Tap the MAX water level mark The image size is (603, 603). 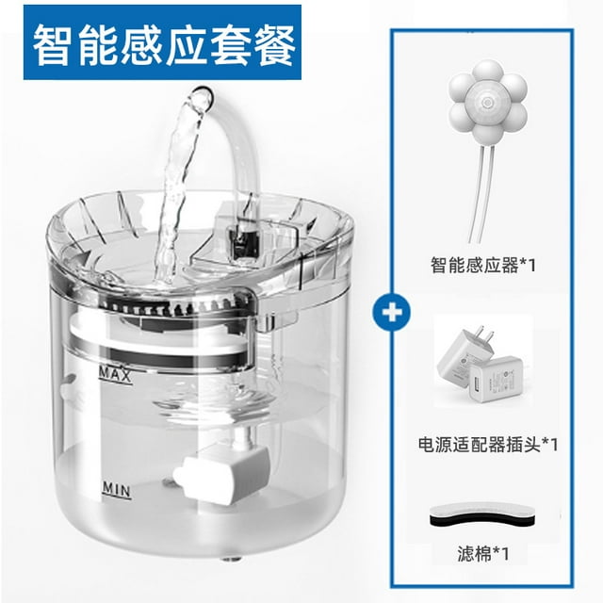(115, 375)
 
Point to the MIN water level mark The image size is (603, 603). (117, 490)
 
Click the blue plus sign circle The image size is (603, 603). (392, 312)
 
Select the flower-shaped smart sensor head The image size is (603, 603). (488, 101)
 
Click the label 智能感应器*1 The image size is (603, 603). (483, 265)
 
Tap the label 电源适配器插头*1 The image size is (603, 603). (488, 444)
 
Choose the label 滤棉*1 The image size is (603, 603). (483, 554)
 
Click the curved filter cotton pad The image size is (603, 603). (481, 515)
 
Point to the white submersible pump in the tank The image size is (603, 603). (222, 474)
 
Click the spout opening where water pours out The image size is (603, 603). (203, 97)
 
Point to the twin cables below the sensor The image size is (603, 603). (477, 192)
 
